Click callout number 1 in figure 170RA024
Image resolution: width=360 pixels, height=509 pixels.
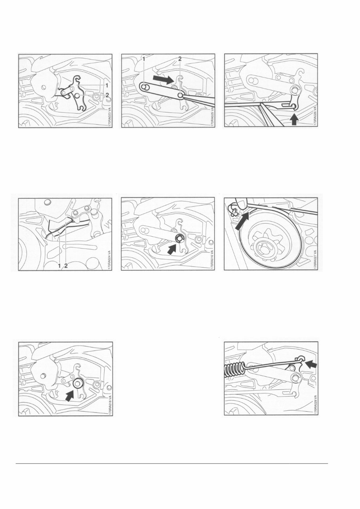(x=59, y=266)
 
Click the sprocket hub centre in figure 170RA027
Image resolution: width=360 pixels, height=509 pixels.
(x=264, y=247)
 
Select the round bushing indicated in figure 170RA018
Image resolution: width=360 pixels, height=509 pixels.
(x=78, y=383)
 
